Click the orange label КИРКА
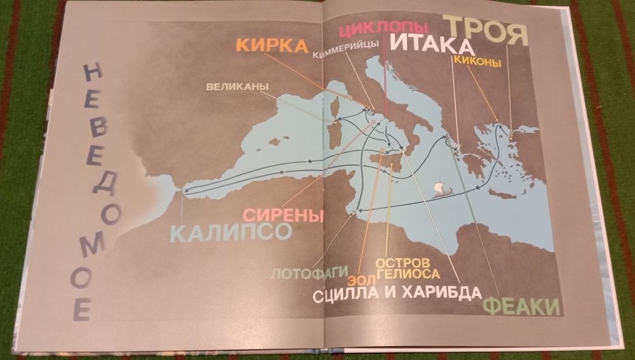(272, 46)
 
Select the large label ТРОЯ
(486, 30)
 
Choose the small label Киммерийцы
(345, 53)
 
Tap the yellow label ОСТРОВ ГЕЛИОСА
(408, 268)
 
